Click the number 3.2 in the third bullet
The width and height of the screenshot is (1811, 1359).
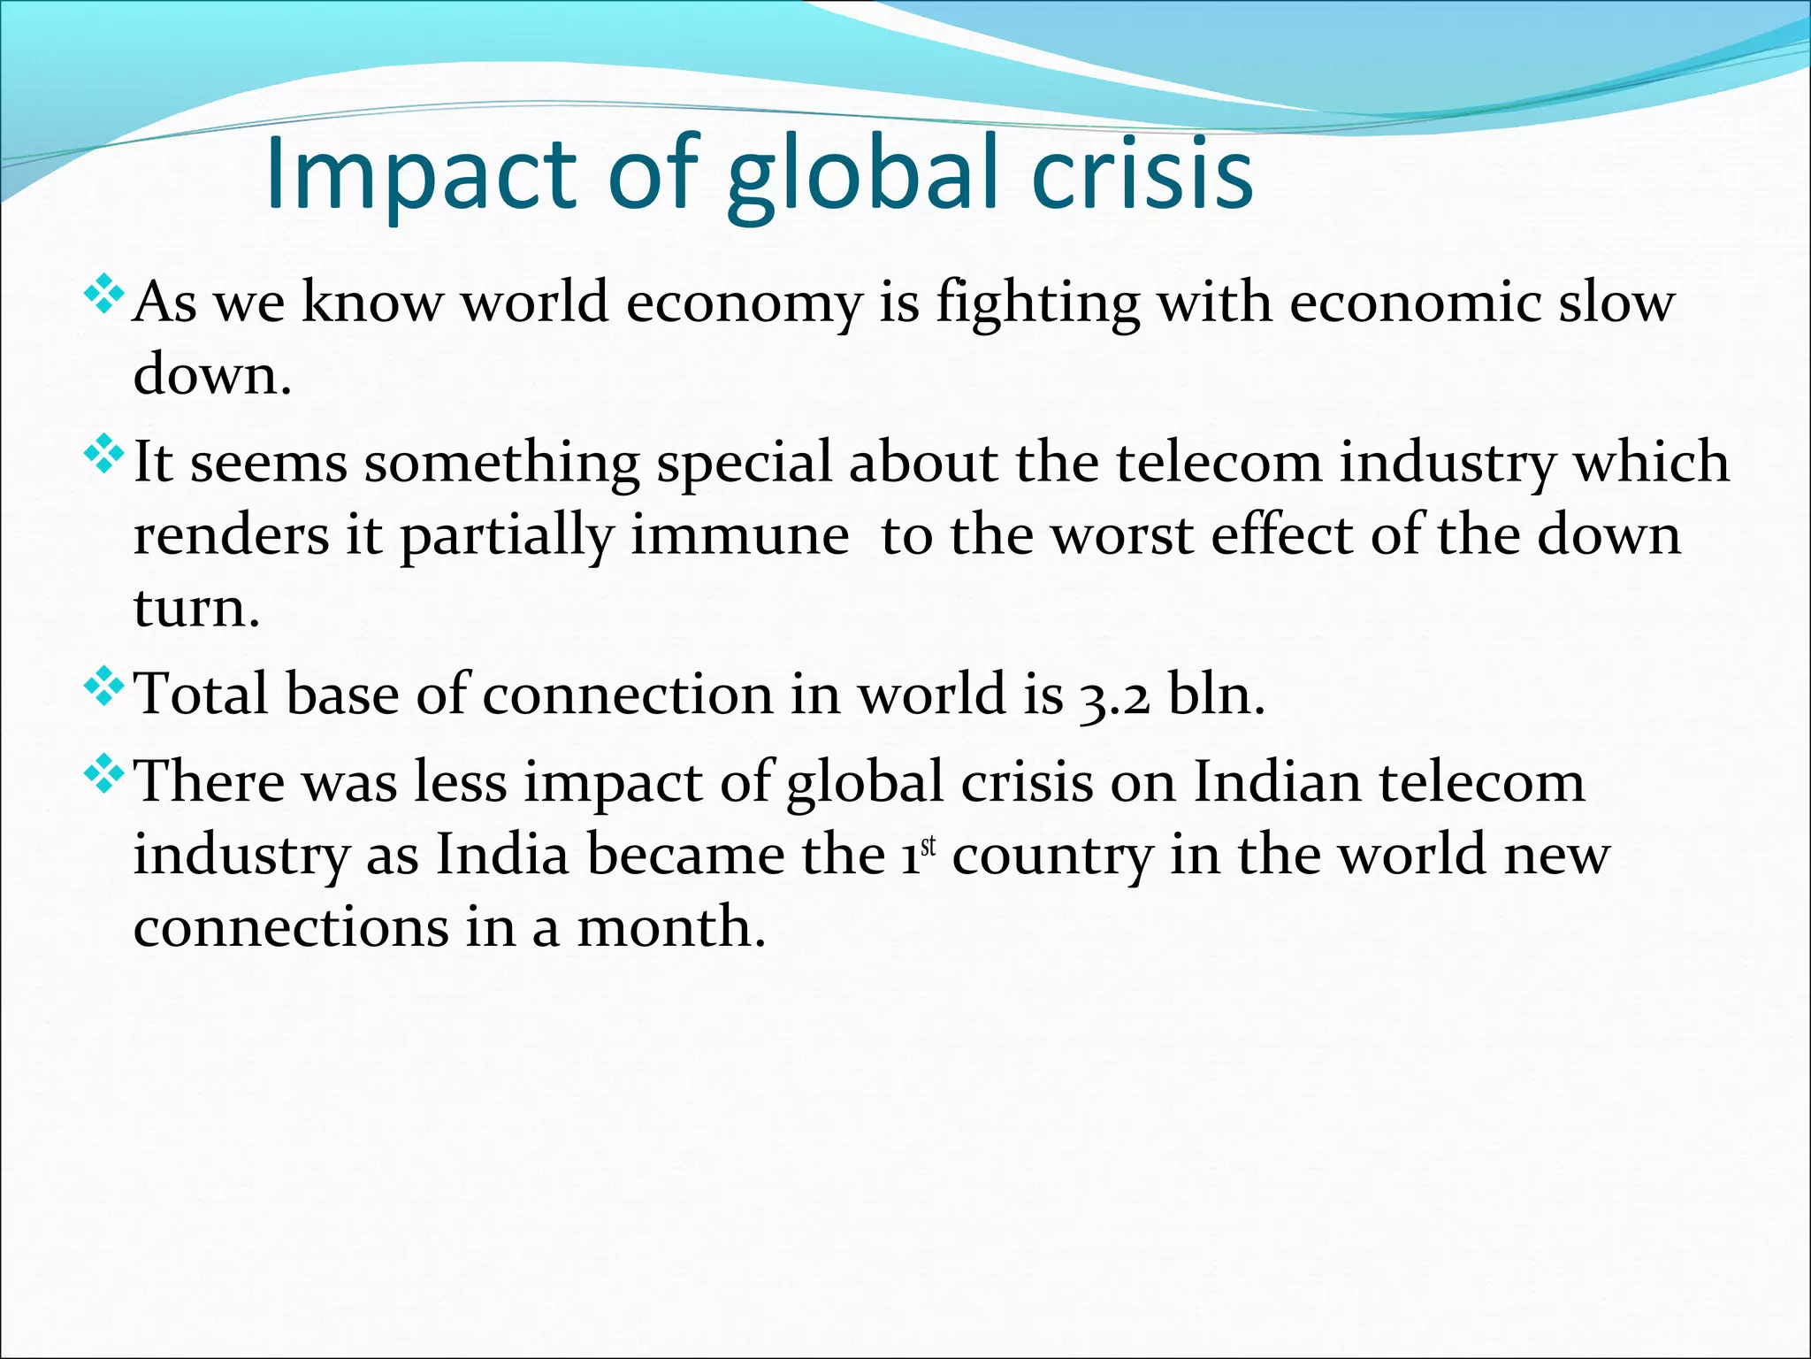tap(1114, 695)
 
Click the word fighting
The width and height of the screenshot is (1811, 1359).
tap(1037, 304)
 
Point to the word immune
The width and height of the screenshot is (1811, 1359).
tap(739, 536)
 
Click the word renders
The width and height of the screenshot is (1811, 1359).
tap(231, 536)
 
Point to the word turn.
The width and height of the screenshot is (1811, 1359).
tap(196, 609)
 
